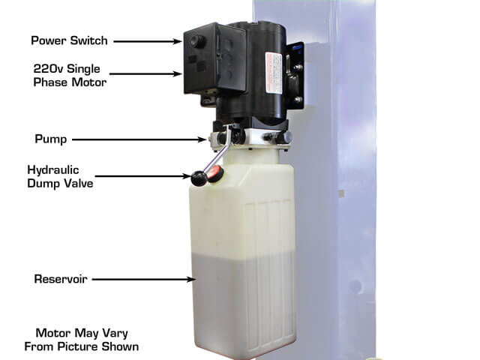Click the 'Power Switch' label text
69,40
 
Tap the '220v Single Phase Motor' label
70,75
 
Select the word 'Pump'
51,139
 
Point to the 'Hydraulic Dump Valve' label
60,177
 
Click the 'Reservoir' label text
61,279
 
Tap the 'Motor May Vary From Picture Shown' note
82,340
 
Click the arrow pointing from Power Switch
148,41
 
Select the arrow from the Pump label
139,139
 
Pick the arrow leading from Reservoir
144,279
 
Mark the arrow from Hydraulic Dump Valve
143,176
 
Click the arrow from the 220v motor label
145,73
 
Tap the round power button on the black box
197,40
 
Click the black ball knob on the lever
199,178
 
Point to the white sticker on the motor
274,73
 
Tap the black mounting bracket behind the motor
295,76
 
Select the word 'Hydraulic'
53,170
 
